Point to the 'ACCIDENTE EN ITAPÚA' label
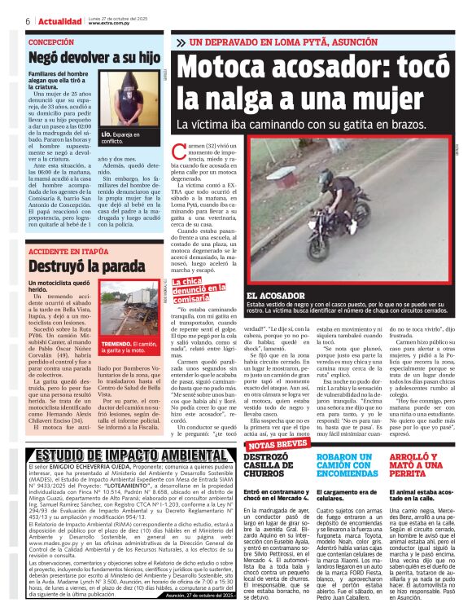tap(68, 252)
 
